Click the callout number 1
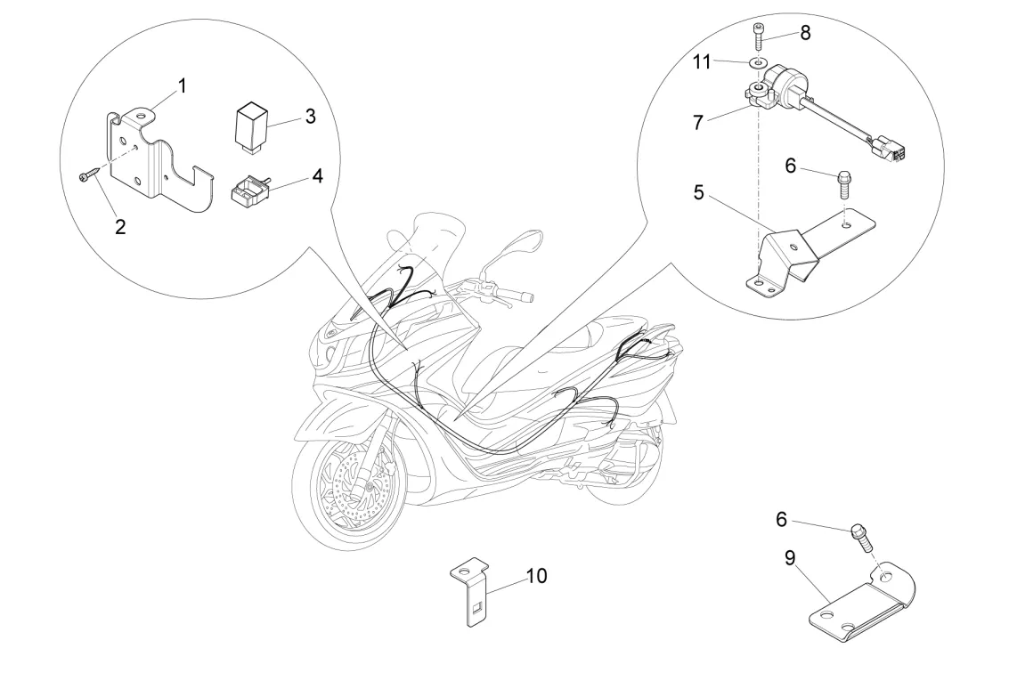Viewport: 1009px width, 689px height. pyautogui.click(x=183, y=86)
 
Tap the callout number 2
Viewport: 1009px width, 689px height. pyautogui.click(x=120, y=226)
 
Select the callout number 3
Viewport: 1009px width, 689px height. pyautogui.click(x=310, y=117)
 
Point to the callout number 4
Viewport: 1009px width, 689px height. pyautogui.click(x=317, y=175)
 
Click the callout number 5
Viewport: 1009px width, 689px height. pyautogui.click(x=699, y=191)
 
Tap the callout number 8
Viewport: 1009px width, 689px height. pyautogui.click(x=806, y=33)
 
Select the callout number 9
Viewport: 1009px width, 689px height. pyautogui.click(x=789, y=558)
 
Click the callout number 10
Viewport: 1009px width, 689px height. pyautogui.click(x=536, y=576)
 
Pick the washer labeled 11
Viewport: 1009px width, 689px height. pyautogui.click(x=756, y=63)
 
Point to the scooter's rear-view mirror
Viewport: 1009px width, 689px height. pyautogui.click(x=521, y=242)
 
